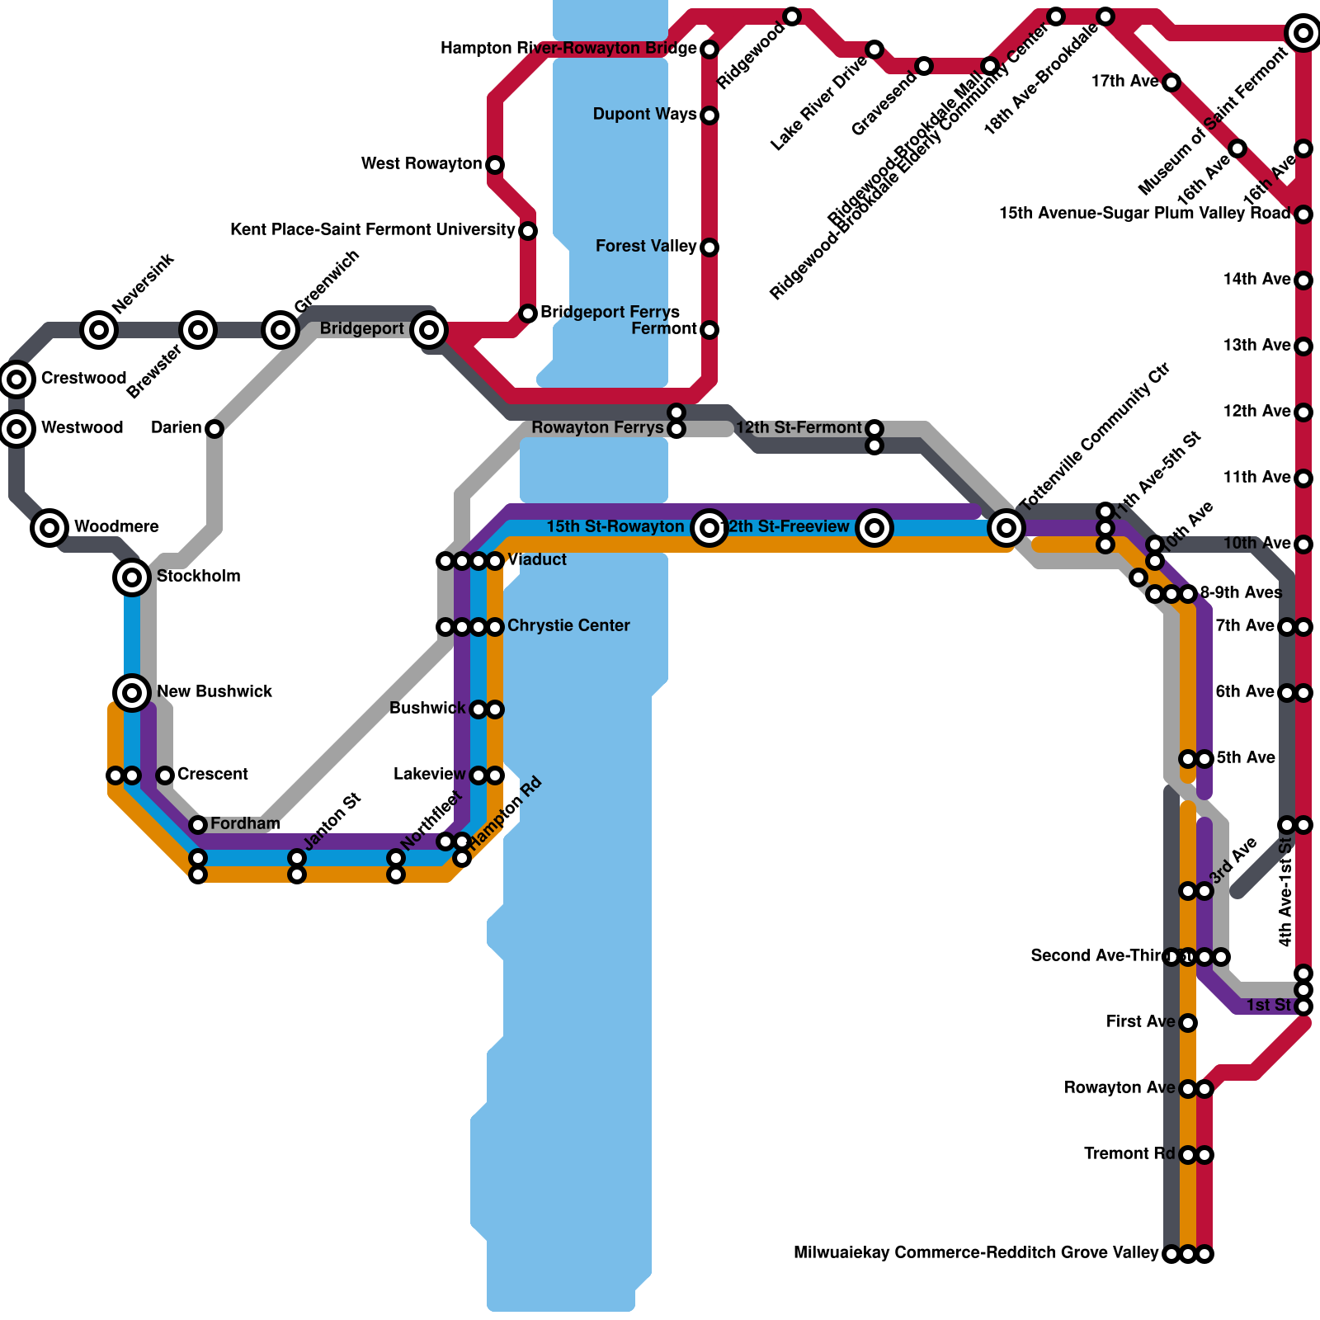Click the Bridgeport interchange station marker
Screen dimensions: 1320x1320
429,330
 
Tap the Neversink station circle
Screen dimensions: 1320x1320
99,330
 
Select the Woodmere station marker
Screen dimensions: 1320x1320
49,527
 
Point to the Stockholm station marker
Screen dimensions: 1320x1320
132,577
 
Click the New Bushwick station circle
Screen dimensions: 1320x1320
132,692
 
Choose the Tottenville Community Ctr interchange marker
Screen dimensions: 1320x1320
1006,527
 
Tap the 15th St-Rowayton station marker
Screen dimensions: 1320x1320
709,527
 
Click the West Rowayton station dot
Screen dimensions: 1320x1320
495,165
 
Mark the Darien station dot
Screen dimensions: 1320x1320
214,429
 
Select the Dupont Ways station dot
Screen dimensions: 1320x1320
709,115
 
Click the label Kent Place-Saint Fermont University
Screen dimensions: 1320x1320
373,229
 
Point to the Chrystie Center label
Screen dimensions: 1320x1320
568,626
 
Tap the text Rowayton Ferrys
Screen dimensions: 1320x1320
597,428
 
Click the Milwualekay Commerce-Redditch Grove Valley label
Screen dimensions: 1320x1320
976,1253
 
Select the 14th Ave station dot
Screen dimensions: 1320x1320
1303,280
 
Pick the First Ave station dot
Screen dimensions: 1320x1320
1188,1023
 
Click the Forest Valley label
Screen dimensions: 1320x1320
646,247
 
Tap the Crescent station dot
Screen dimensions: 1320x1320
165,775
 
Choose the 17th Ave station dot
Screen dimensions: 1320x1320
1171,82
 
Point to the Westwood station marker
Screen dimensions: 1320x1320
16,428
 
